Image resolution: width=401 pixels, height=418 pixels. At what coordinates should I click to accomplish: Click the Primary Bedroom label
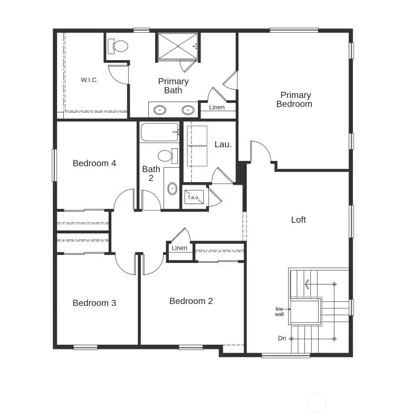[x=295, y=99]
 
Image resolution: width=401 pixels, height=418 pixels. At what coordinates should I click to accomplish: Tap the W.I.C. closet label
[x=89, y=80]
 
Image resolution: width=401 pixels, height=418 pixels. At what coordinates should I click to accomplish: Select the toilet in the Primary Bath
[x=119, y=46]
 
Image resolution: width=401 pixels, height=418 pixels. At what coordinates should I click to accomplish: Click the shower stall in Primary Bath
[x=177, y=46]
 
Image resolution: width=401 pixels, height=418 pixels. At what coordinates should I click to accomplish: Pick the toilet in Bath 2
[x=166, y=156]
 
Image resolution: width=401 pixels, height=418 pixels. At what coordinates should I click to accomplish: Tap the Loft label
[x=299, y=220]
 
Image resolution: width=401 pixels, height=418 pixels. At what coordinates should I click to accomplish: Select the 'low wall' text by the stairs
[x=280, y=311]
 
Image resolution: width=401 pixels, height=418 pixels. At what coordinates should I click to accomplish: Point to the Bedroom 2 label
[x=191, y=301]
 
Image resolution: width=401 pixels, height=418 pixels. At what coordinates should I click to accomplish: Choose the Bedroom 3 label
[x=94, y=303]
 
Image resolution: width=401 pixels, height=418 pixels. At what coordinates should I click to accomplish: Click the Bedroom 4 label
[x=94, y=163]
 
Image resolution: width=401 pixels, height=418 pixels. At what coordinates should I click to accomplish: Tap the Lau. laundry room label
[x=223, y=144]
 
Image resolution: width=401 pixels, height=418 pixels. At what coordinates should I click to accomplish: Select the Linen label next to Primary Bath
[x=216, y=107]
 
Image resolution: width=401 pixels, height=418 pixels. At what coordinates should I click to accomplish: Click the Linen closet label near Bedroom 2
[x=179, y=248]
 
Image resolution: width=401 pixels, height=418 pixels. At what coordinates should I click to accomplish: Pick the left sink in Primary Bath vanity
[x=159, y=110]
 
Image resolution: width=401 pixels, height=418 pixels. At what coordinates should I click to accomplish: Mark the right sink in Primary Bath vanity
[x=187, y=110]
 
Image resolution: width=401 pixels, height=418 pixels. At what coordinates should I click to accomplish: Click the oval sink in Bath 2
[x=172, y=188]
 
